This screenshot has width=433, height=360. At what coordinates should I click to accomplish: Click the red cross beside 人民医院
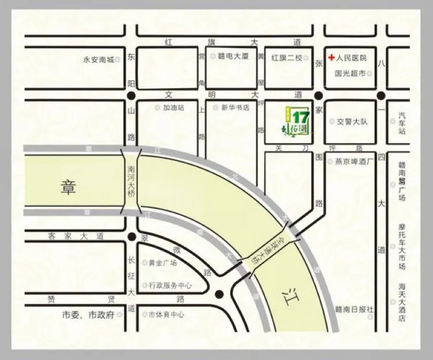tap(331, 58)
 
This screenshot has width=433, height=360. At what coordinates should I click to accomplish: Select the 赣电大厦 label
tap(233, 57)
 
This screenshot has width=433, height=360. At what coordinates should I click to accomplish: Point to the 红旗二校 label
tap(287, 57)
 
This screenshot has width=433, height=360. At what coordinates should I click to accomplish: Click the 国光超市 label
tap(350, 74)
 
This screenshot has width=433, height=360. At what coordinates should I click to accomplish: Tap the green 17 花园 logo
tap(299, 119)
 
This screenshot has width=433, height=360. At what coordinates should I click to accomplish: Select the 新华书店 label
tap(234, 107)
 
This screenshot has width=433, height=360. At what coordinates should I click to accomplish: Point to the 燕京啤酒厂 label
tap(356, 162)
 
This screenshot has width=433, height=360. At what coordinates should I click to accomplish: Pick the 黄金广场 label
tap(163, 262)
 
